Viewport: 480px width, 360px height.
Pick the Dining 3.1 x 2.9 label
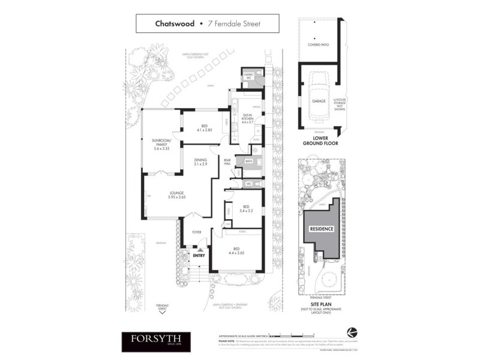pos(200,162)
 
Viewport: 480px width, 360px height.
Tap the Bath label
pos(248,162)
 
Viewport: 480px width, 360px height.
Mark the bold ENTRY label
pos(199,256)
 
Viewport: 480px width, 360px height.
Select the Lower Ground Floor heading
pos(319,141)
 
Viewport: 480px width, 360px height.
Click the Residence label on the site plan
pos(321,229)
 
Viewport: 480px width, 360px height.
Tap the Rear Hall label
pos(227,161)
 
